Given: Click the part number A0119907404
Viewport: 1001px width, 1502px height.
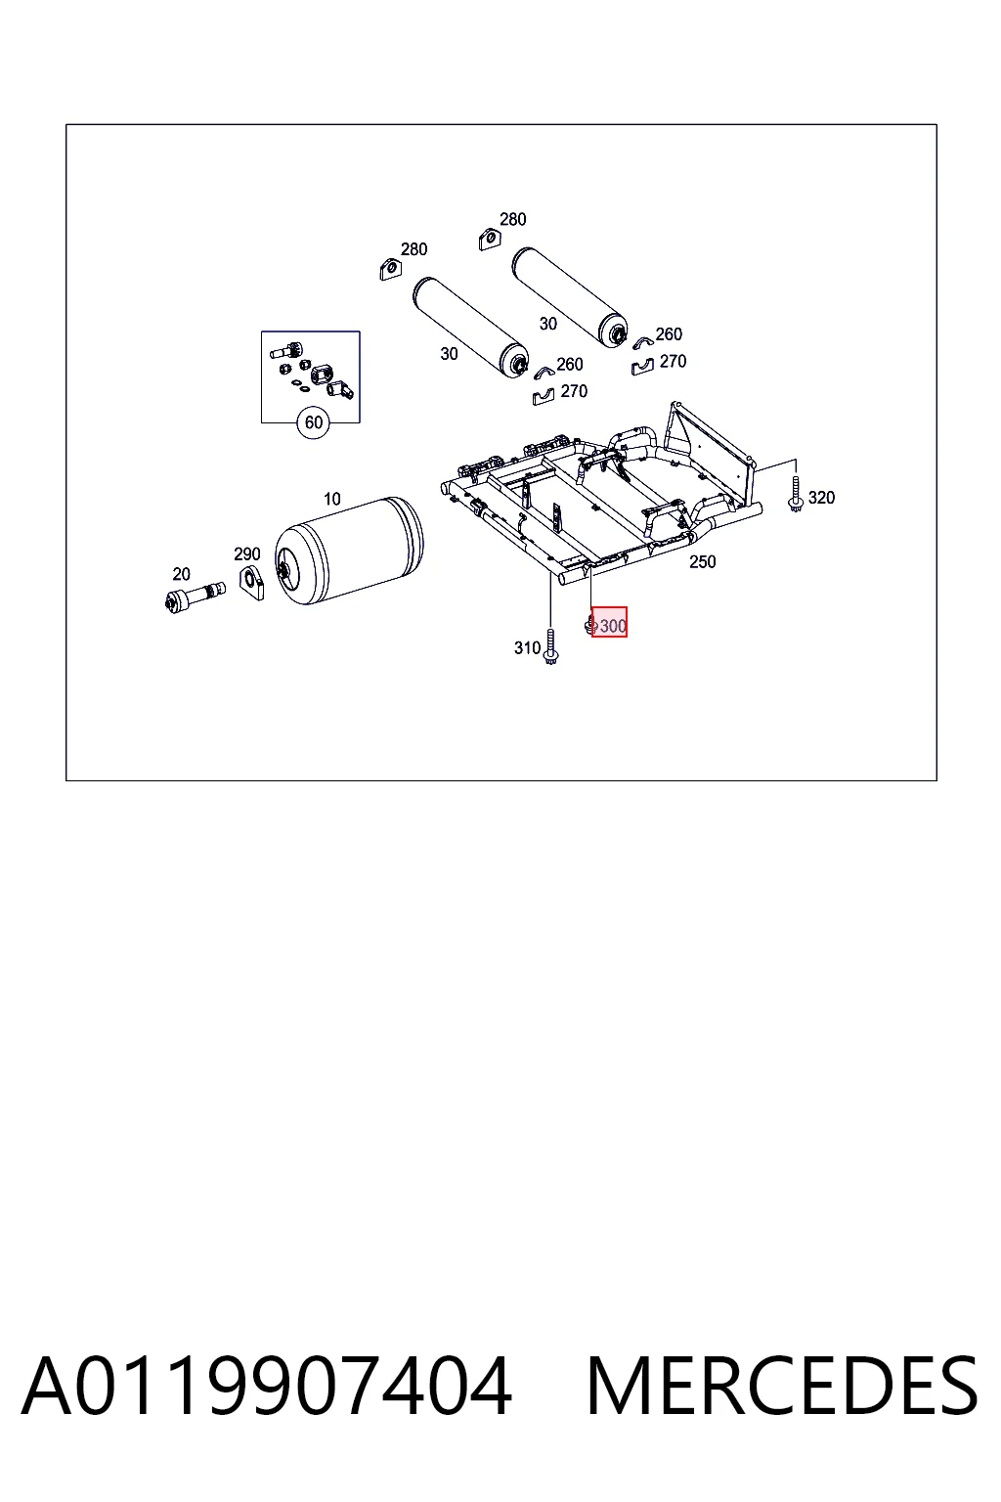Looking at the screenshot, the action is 267,1386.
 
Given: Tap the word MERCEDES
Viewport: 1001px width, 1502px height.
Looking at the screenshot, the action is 782,1386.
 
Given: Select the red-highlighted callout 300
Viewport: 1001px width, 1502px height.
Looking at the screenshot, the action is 609,622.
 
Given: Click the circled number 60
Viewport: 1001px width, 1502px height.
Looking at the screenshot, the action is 313,422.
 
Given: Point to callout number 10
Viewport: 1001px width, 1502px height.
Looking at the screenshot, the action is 332,499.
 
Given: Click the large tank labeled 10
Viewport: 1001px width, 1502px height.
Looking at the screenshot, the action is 349,551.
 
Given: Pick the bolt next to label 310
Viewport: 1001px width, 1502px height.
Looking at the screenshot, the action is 551,647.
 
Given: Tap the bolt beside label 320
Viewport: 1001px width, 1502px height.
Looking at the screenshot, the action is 796,495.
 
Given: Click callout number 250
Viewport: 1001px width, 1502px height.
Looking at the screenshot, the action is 703,562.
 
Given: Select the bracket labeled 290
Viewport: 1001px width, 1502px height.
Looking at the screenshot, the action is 251,583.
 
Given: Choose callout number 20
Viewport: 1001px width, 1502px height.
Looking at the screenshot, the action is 181,574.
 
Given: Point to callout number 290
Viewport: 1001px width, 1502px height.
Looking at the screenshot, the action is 246,553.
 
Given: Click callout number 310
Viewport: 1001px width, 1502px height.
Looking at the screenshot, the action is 527,647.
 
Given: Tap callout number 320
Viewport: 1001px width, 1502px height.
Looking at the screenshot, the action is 821,498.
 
